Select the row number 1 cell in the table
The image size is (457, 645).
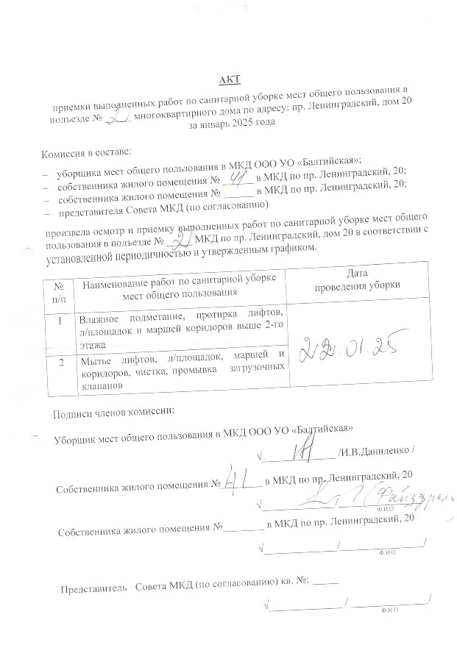tap(59, 320)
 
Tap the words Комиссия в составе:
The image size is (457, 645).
tap(87, 153)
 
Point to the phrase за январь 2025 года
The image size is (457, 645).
tap(229, 124)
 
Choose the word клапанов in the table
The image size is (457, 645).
tap(101, 384)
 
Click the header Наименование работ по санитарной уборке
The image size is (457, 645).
tap(179, 279)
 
